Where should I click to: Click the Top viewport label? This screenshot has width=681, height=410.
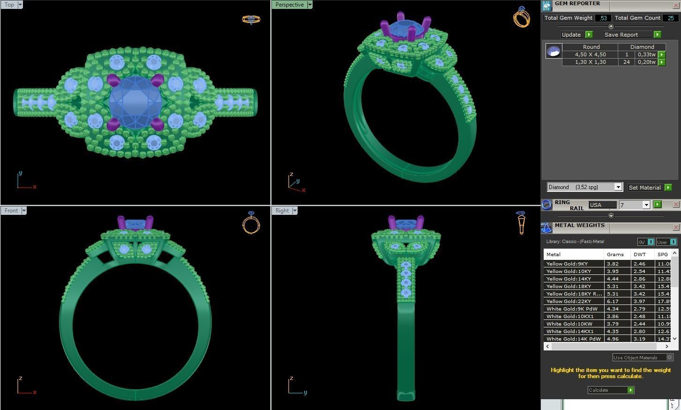point(9,5)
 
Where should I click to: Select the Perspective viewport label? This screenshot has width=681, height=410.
point(289,5)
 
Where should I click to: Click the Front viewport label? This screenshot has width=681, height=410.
point(11,211)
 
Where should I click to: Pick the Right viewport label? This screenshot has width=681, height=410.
point(282,211)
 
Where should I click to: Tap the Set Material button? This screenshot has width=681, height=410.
point(645,188)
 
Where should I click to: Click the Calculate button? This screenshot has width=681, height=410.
point(606,390)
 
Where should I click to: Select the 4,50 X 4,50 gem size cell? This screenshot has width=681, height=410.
point(590,54)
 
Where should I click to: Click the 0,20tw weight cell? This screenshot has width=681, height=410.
point(646,62)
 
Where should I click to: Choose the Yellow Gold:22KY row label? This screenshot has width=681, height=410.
point(569,301)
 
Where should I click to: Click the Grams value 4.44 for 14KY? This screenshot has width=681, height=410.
point(613,279)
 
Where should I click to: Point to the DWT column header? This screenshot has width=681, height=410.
point(639,254)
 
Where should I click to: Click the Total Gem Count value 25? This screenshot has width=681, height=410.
point(671,18)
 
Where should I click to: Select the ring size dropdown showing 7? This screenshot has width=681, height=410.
point(634,205)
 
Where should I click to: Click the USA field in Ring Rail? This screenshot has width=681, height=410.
point(602,205)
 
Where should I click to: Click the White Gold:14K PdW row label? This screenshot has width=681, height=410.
point(573,339)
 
